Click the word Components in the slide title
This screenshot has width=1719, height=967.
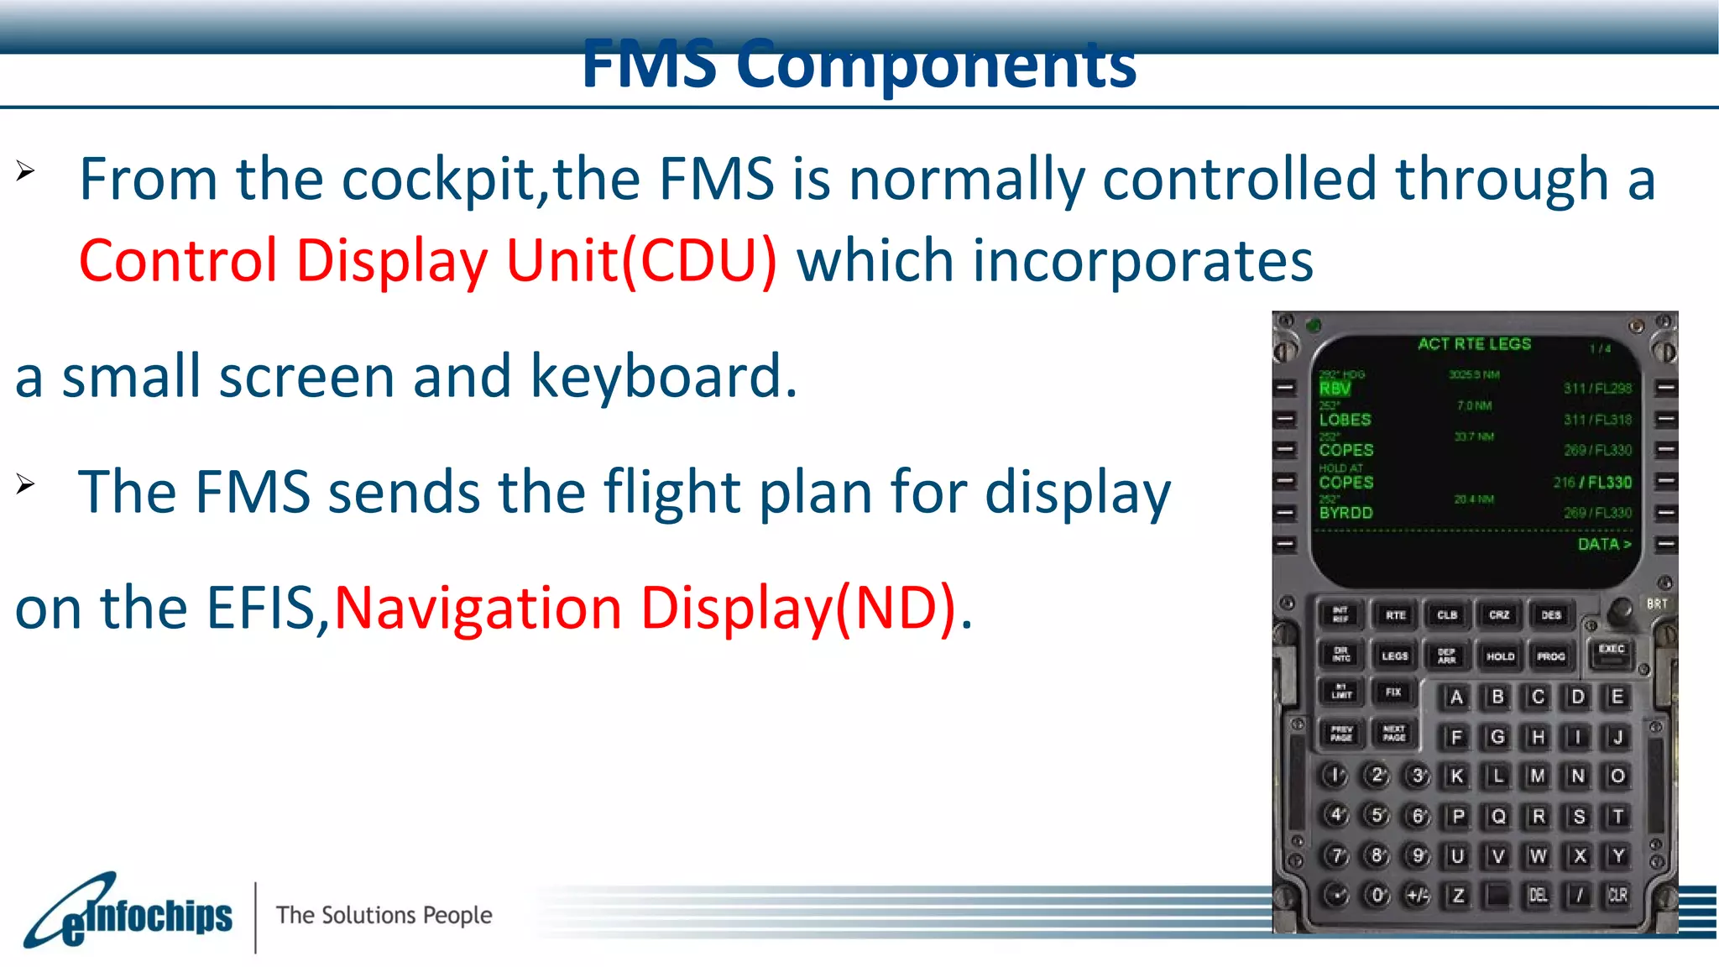point(936,65)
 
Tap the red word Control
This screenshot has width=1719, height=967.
point(177,261)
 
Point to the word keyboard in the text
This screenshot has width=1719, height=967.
point(663,377)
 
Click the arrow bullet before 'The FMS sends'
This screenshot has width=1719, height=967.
point(25,484)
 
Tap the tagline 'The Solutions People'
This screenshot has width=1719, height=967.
point(384,915)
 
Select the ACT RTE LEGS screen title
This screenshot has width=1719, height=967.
point(1474,344)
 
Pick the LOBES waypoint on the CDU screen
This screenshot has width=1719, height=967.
point(1345,420)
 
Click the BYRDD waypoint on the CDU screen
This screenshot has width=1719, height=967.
point(1345,513)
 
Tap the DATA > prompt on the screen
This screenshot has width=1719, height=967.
point(1604,544)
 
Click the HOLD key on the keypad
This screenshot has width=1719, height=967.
point(1500,656)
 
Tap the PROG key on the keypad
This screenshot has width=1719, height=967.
point(1550,656)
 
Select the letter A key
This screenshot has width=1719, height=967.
point(1456,697)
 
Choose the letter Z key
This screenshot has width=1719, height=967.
point(1457,896)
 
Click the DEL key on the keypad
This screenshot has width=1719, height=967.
point(1538,896)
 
